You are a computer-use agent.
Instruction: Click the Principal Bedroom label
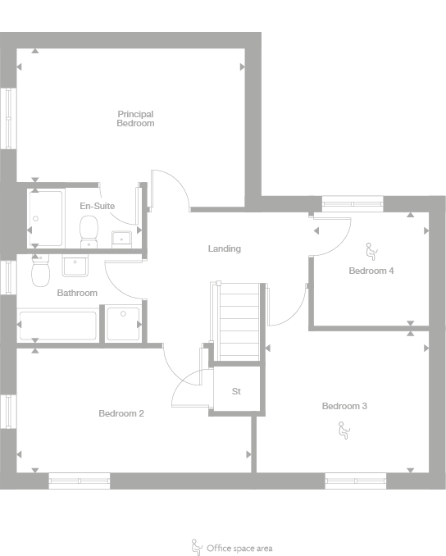tap(135, 119)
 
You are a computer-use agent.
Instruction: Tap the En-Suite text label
tap(97, 206)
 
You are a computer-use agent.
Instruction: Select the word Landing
tap(224, 248)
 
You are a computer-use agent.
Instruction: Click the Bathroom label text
tap(77, 293)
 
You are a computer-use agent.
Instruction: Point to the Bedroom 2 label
tap(121, 413)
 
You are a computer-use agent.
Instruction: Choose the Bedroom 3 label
tap(344, 407)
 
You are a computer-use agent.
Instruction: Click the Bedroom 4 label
tap(371, 271)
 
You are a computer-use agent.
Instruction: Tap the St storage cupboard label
tap(236, 391)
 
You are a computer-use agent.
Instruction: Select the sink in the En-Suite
tap(122, 239)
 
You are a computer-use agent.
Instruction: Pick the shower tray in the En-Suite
tap(46, 218)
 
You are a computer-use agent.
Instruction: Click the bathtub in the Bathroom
tap(57, 325)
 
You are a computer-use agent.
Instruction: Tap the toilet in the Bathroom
tap(40, 269)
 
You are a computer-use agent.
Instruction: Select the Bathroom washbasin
tap(75, 267)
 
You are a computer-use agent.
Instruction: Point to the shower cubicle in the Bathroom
tap(122, 325)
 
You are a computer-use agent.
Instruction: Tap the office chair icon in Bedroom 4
tap(371, 249)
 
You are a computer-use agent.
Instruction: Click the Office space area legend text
tap(239, 548)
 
